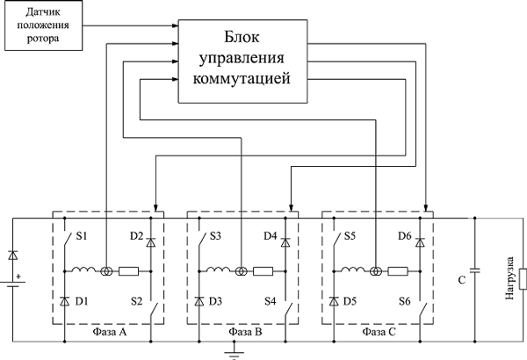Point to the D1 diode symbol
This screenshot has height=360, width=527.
point(65,301)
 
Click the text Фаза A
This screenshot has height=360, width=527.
point(107,335)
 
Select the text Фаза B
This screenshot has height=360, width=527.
point(242,335)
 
